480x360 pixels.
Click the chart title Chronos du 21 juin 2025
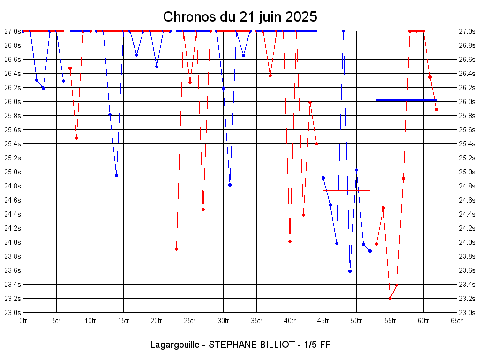pos(240,17)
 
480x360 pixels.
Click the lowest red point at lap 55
pos(390,298)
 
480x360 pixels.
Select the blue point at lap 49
pos(350,271)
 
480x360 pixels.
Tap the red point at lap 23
pos(176,249)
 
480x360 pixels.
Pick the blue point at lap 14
pos(116,175)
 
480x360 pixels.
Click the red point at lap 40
pos(290,241)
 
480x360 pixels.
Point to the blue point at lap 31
pos(230,185)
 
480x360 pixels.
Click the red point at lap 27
pos(203,210)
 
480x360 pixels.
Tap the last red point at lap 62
pos(436,109)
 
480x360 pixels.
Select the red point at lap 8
pos(76,138)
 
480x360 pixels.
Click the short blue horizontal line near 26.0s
pos(406,100)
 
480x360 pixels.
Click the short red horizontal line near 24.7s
pos(347,190)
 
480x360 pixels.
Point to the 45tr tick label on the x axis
pos(323,321)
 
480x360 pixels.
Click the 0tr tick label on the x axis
pos(23,321)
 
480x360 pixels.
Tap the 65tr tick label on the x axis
pos(457,321)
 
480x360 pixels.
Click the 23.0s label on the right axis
pos(467,312)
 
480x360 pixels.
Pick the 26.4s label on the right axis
pos(467,73)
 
